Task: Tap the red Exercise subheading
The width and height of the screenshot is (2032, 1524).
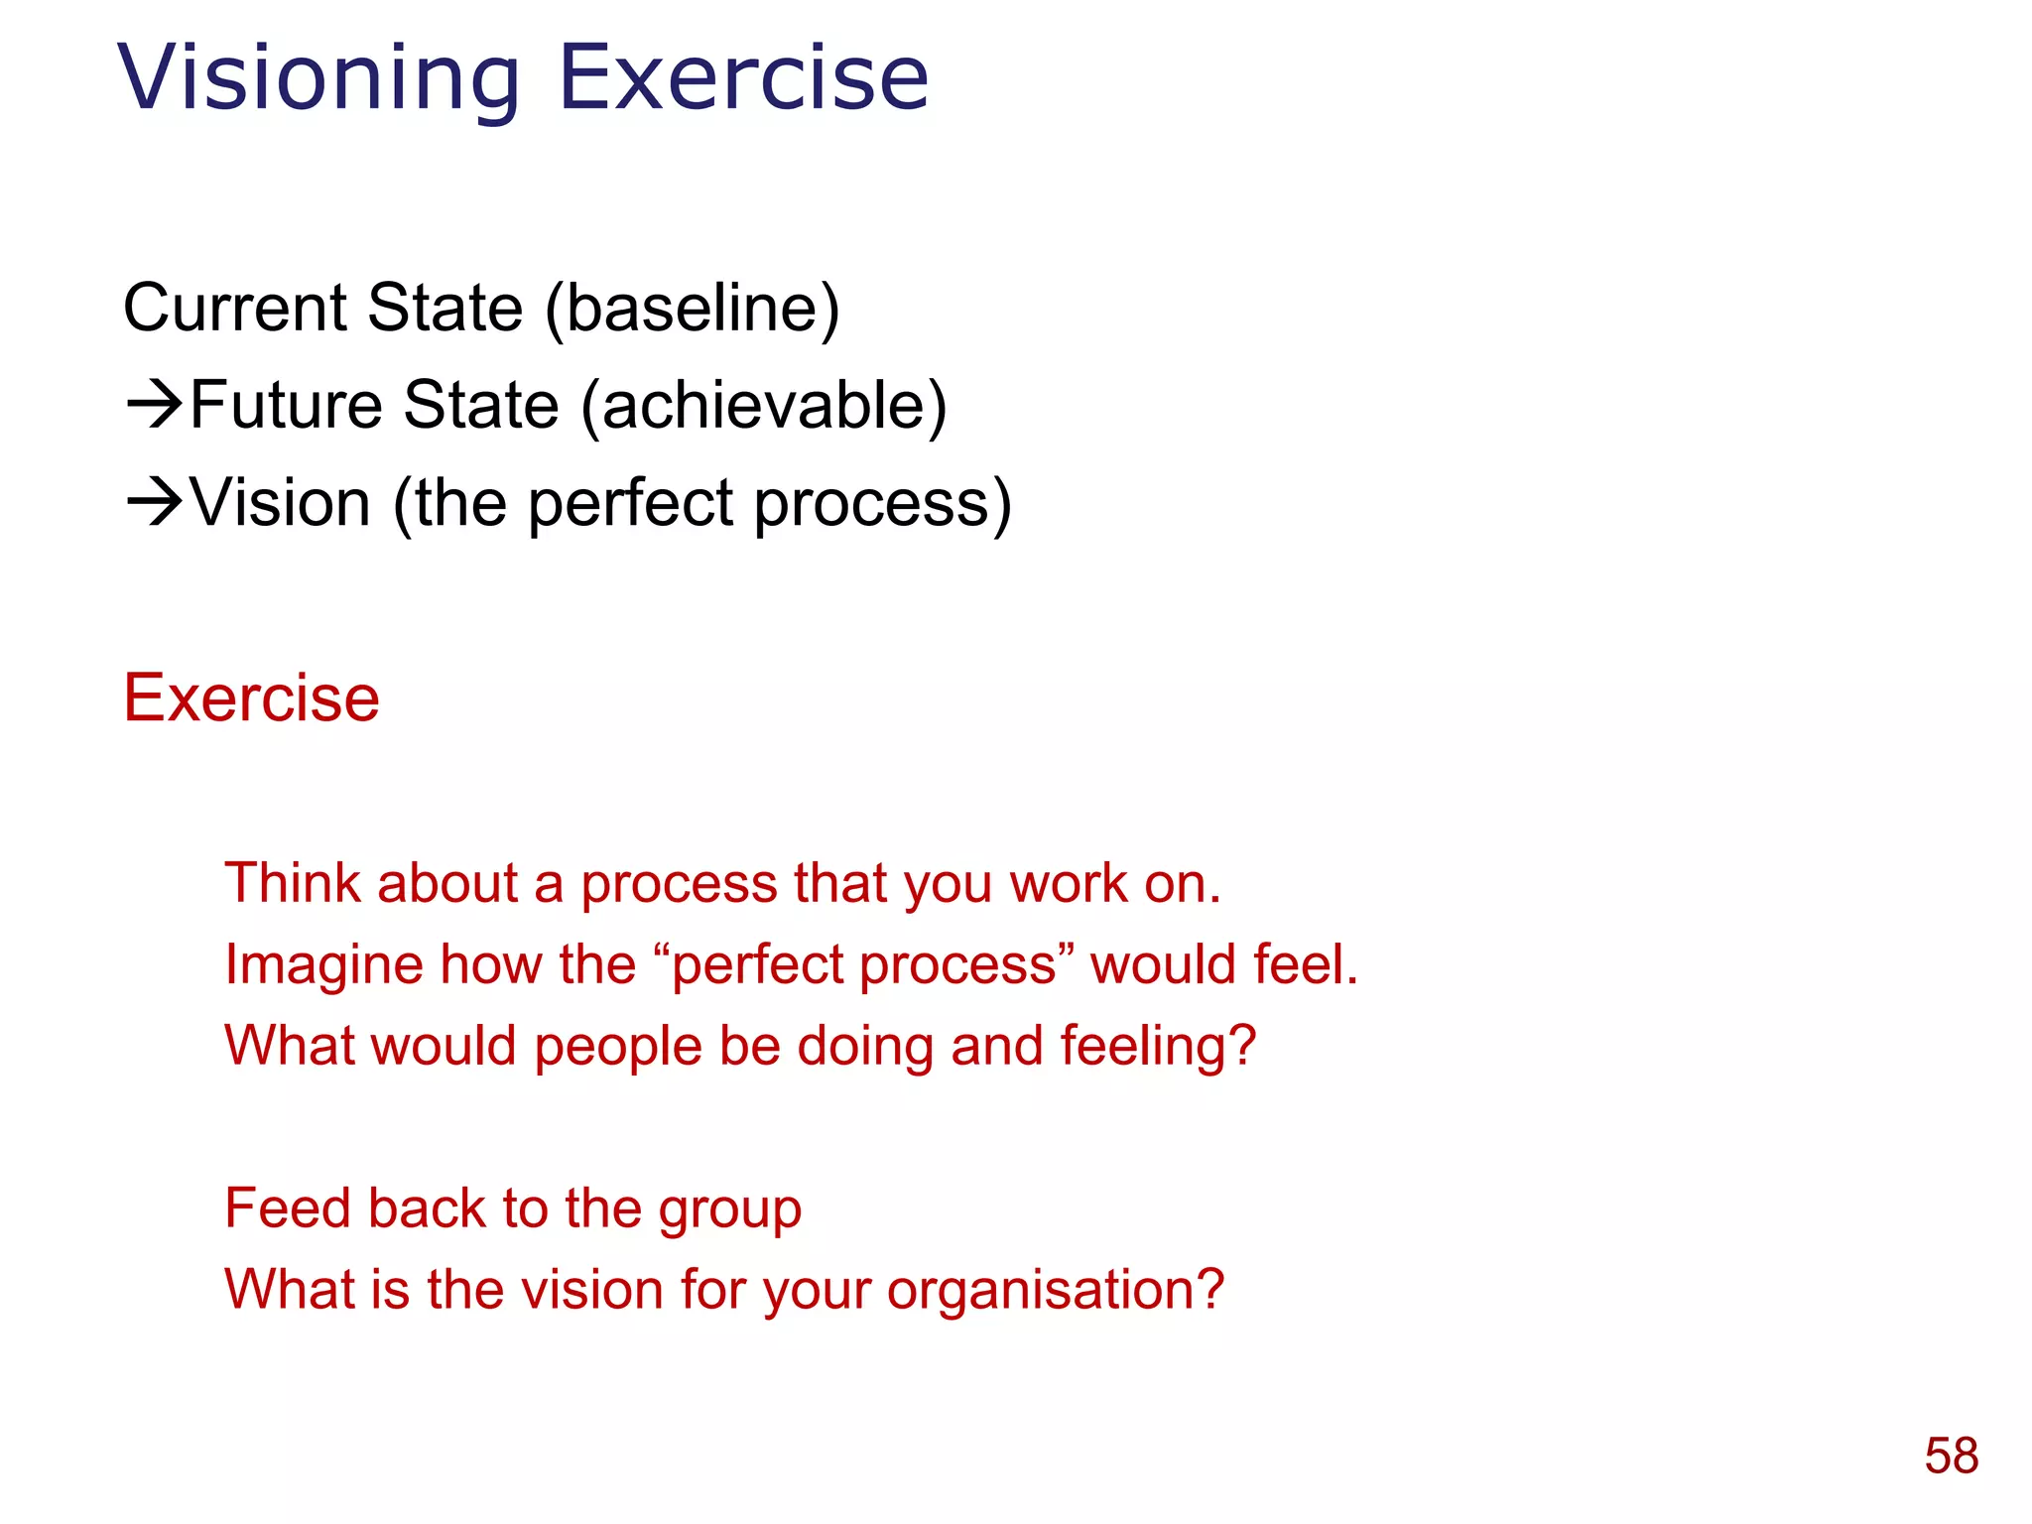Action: click(x=251, y=698)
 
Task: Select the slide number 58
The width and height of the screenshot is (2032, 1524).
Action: click(x=1951, y=1457)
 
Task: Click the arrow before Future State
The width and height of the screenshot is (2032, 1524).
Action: click(x=155, y=404)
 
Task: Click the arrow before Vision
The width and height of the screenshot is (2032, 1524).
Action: click(x=155, y=502)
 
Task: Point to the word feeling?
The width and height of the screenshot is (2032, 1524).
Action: click(x=1158, y=1046)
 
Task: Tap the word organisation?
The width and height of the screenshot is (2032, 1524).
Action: click(x=1056, y=1290)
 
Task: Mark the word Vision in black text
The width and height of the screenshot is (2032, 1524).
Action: click(x=281, y=502)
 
